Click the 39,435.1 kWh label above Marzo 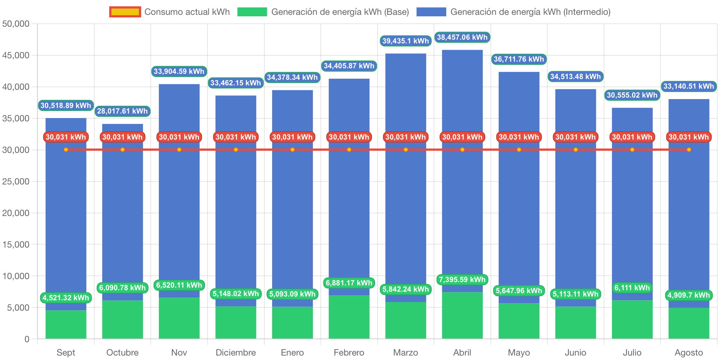pos(405,41)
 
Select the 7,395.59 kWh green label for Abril pos(462,279)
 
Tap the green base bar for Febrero pos(349,317)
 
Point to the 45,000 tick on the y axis pos(16,55)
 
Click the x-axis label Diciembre pos(236,352)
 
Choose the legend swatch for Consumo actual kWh pos(125,12)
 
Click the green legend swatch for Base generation pos(252,12)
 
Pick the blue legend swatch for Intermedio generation pos(431,12)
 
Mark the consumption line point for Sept pos(66,150)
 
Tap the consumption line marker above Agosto pos(689,150)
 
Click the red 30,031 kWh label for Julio pos(632,137)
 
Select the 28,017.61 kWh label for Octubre pos(123,111)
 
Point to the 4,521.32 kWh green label pos(66,298)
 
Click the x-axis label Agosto pos(689,352)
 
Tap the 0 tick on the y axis pos(27,339)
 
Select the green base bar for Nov pos(179,318)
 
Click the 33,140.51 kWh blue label pos(689,86)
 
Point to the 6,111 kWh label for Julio pos(632,288)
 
